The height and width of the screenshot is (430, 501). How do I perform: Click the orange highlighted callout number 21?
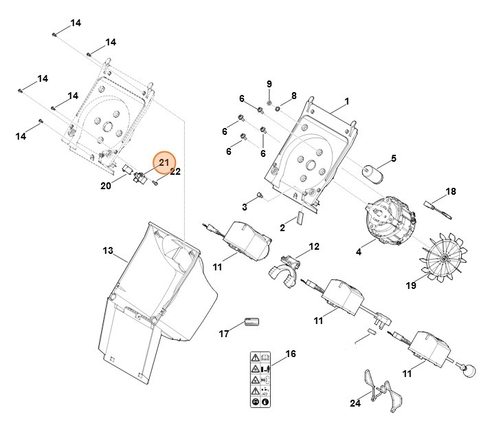pyautogui.click(x=164, y=162)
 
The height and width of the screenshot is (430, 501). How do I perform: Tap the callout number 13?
pyautogui.click(x=107, y=251)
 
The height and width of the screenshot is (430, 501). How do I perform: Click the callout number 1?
pyautogui.click(x=347, y=102)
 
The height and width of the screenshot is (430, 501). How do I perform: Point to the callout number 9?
pyautogui.click(x=269, y=84)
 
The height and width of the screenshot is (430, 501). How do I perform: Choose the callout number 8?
pyautogui.click(x=293, y=96)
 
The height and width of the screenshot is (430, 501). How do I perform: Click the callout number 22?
pyautogui.click(x=175, y=171)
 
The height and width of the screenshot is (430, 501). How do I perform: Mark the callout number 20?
pyautogui.click(x=105, y=186)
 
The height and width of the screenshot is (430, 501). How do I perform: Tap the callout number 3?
pyautogui.click(x=244, y=206)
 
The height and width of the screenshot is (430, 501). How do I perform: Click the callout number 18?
pyautogui.click(x=451, y=191)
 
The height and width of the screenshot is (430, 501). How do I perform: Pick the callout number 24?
pyautogui.click(x=355, y=403)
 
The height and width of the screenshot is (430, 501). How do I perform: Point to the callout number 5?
pyautogui.click(x=394, y=159)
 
